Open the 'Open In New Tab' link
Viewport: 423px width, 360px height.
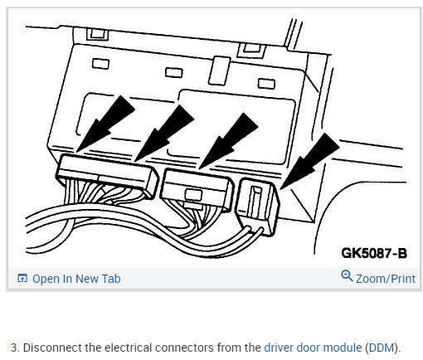(x=75, y=279)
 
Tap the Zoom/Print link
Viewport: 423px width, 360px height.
(x=385, y=279)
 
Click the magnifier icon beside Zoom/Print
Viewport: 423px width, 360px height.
(x=347, y=277)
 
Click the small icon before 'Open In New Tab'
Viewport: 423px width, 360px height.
(x=22, y=279)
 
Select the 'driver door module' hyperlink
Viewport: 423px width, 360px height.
(x=311, y=346)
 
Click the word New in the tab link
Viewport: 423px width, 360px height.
(x=87, y=279)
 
